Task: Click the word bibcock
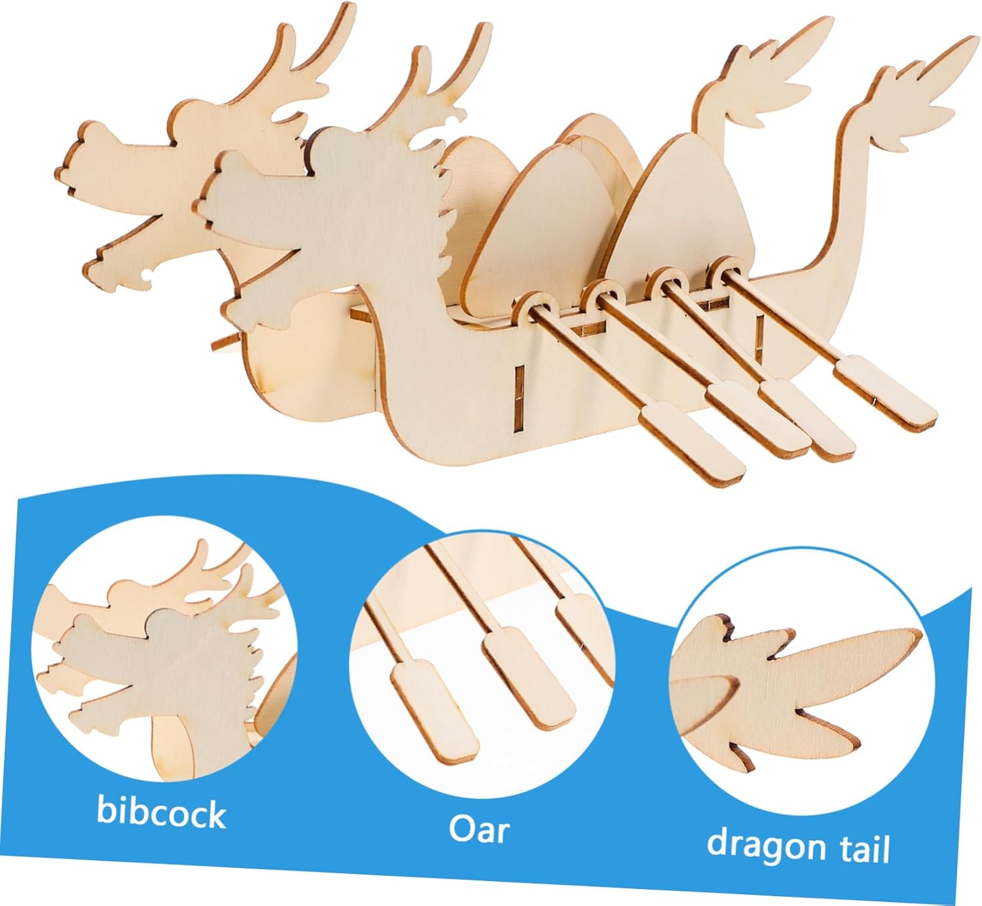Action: (161, 812)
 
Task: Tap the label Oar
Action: (479, 829)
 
